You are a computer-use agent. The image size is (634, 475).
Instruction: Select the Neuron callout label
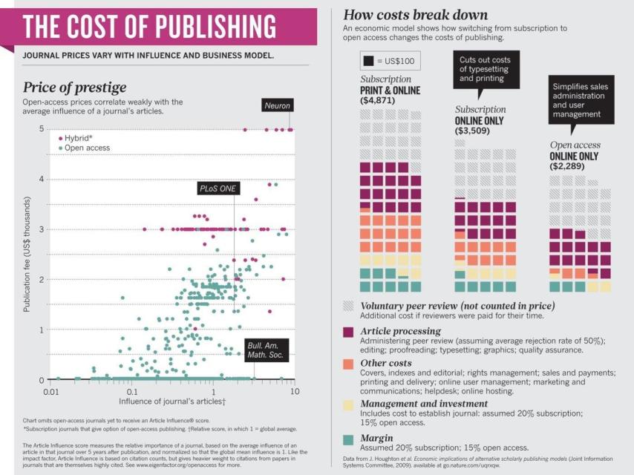pyautogui.click(x=277, y=105)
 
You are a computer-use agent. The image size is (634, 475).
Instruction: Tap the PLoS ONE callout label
pyautogui.click(x=218, y=189)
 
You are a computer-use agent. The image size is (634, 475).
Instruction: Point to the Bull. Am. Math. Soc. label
pyautogui.click(x=265, y=350)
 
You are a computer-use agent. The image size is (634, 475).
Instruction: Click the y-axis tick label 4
pyautogui.click(x=42, y=179)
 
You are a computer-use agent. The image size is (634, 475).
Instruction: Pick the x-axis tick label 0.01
pyautogui.click(x=51, y=390)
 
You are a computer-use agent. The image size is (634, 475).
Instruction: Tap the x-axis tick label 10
pyautogui.click(x=294, y=390)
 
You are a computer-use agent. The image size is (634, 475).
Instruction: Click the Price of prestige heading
pyautogui.click(x=74, y=88)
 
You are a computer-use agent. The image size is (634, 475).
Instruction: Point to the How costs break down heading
pyautogui.click(x=415, y=15)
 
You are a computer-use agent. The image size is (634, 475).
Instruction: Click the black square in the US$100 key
pyautogui.click(x=367, y=59)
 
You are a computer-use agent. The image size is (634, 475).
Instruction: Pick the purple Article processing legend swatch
pyautogui.click(x=347, y=332)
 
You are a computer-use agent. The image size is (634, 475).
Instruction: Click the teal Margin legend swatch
pyautogui.click(x=347, y=439)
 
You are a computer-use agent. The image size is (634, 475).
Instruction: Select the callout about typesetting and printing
pyautogui.click(x=486, y=69)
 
